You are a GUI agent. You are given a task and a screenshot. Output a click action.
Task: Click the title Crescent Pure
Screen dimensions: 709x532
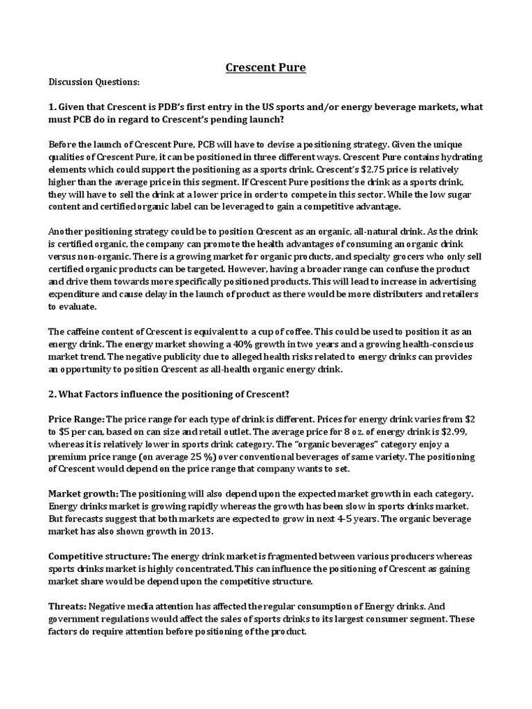click(x=266, y=67)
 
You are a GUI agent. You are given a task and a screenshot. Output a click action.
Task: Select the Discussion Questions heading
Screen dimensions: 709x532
click(x=94, y=82)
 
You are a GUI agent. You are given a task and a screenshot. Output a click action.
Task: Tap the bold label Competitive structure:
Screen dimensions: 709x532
click(x=98, y=556)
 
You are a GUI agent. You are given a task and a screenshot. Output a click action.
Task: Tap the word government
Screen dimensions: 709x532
click(x=76, y=620)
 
